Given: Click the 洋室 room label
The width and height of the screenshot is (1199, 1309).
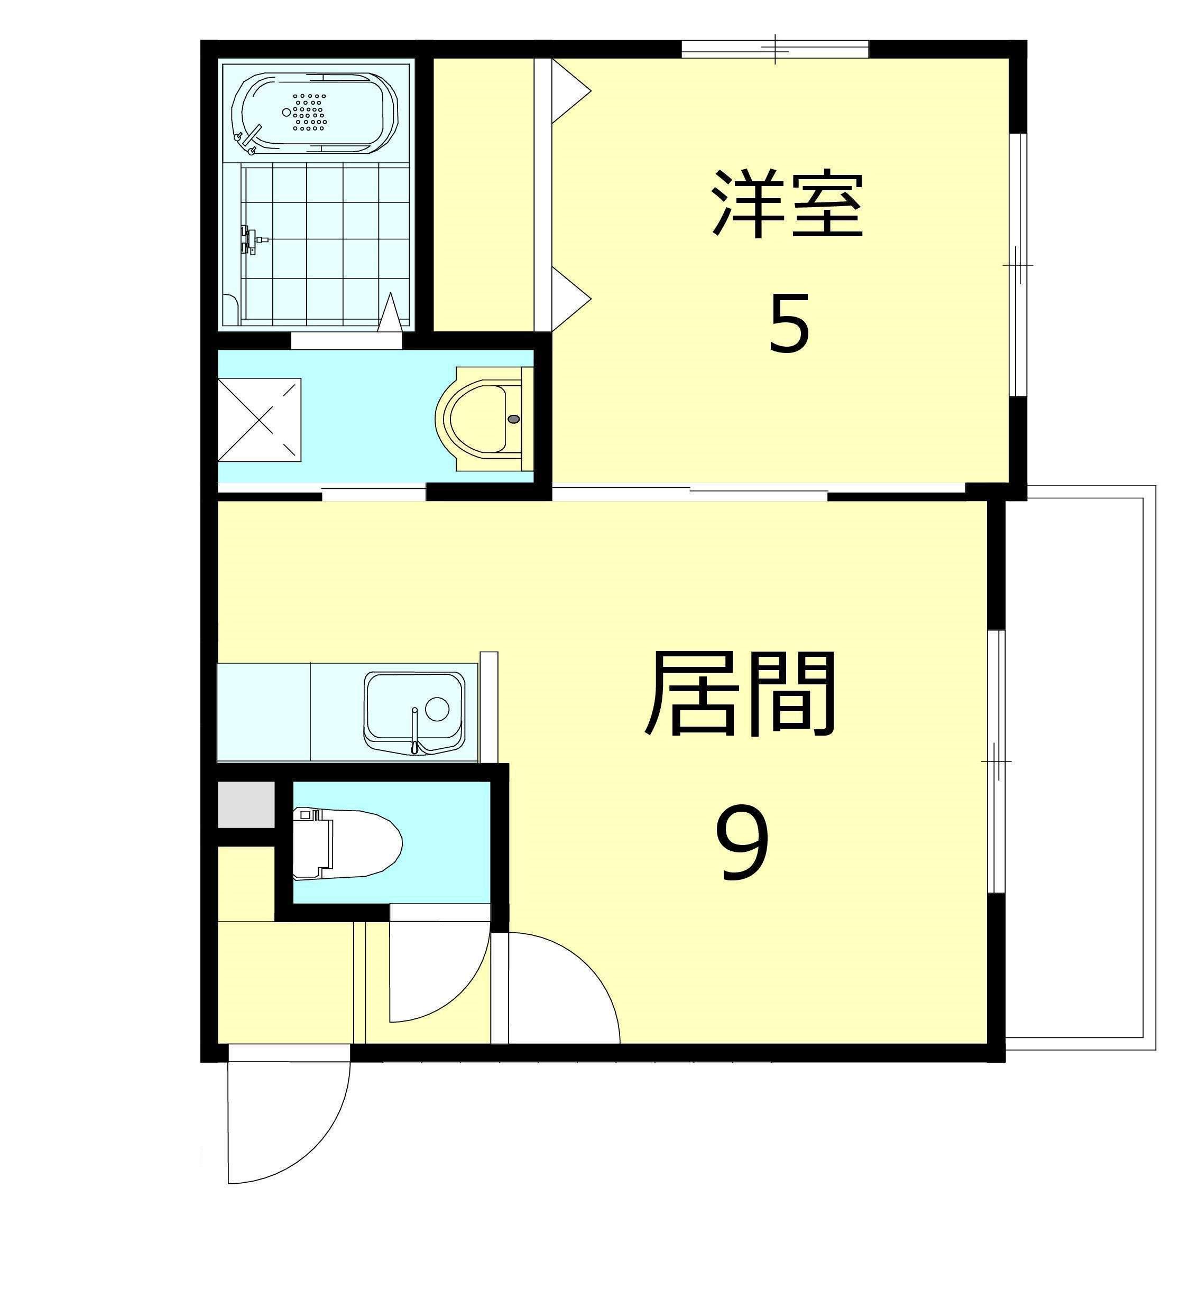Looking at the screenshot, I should pyautogui.click(x=787, y=204).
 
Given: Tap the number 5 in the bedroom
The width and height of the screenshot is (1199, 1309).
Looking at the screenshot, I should pyautogui.click(x=789, y=323).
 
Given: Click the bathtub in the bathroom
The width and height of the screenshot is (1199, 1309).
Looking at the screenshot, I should pyautogui.click(x=315, y=113).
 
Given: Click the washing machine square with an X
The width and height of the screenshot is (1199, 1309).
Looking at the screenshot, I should pyautogui.click(x=259, y=420).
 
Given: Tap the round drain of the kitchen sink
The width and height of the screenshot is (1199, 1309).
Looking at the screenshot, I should pyautogui.click(x=437, y=708).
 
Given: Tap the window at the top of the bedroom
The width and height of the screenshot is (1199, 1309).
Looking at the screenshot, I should pyautogui.click(x=775, y=49).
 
